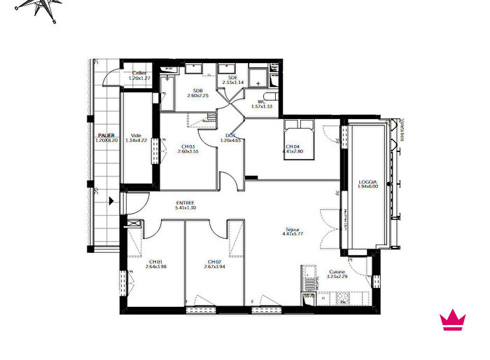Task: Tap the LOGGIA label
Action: coord(367,181)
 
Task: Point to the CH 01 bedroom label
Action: coord(156,261)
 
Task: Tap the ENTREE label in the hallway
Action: coord(185,202)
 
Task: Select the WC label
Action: coord(261,102)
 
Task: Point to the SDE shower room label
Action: coord(232,77)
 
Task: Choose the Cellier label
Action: coord(140,72)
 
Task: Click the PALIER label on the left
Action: coord(106,135)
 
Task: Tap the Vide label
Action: coord(136,135)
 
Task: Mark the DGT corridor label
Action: coord(230,135)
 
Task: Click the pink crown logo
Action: coord(453,320)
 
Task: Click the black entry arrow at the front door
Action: coord(111,202)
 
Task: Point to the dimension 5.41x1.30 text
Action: coord(185,208)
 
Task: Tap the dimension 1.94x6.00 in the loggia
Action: coord(367,187)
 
